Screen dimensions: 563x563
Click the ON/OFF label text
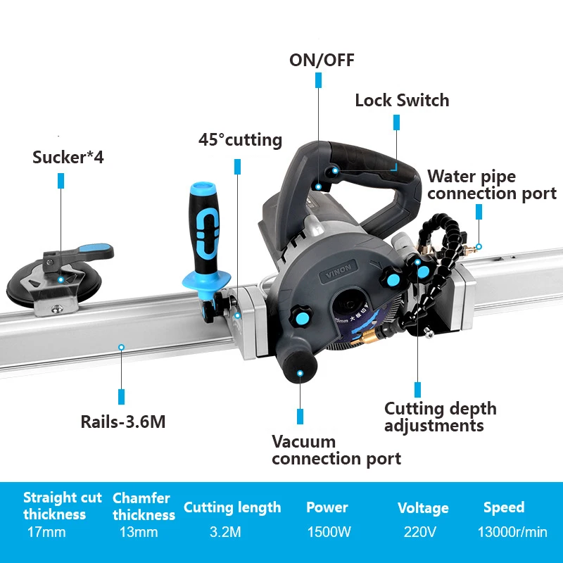point(322,60)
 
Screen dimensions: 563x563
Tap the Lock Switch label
point(401,100)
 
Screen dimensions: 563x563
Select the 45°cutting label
point(240,140)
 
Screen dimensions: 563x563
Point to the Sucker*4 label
point(68,157)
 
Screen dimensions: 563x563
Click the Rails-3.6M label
point(123,422)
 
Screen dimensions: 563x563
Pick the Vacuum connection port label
point(336,450)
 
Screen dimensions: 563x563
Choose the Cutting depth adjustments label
point(440,417)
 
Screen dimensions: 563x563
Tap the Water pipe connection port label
point(491,185)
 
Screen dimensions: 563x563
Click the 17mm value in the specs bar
point(46,532)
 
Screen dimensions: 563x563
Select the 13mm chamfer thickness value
point(139,532)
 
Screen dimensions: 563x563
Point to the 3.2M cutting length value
point(225,532)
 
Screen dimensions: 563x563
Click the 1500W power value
point(329,532)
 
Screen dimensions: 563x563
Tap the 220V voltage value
point(421,532)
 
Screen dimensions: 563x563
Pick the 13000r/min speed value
point(512,532)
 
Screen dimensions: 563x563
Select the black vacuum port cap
point(300,365)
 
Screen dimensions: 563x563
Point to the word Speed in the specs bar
point(503,507)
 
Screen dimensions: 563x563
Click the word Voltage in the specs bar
point(422,508)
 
